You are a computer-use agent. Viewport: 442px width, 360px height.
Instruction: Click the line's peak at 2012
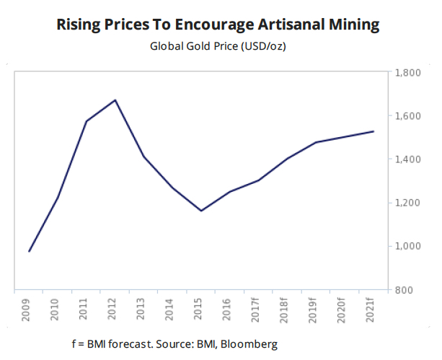point(115,100)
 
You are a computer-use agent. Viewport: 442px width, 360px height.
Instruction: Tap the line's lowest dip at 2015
point(201,211)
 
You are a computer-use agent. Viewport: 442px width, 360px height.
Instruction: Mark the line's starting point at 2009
point(30,251)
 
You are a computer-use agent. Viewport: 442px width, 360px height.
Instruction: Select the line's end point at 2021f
point(372,131)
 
